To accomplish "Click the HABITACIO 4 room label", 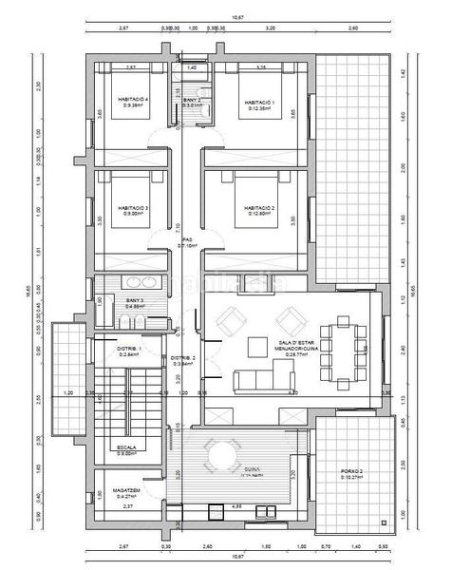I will click(x=132, y=100).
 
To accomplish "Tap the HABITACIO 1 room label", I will click(x=258, y=102).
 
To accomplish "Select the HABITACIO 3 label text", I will click(x=132, y=207).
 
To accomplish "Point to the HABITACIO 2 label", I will click(x=258, y=207).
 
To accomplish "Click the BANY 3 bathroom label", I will click(x=134, y=301).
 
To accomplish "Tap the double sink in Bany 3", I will click(x=141, y=282).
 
